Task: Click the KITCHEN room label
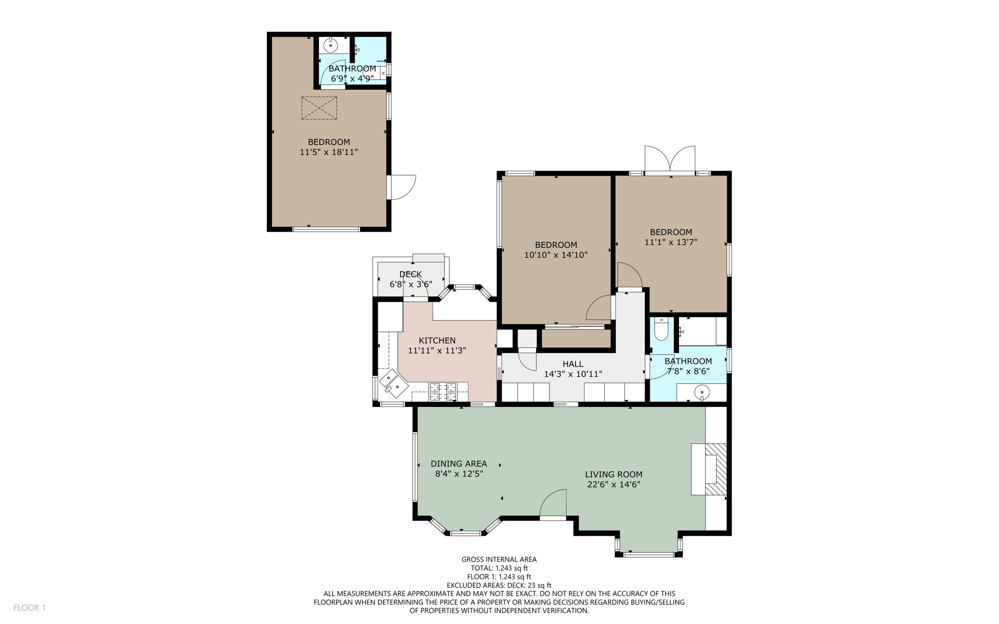click(x=437, y=341)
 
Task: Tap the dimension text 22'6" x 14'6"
click(x=613, y=484)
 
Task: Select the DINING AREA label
click(x=459, y=463)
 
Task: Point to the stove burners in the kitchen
click(x=442, y=391)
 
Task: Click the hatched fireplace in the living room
click(x=715, y=469)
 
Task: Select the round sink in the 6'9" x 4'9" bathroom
click(x=331, y=46)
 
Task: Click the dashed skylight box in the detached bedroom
click(x=319, y=108)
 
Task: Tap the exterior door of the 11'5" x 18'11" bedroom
click(x=402, y=187)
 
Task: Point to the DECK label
click(x=410, y=274)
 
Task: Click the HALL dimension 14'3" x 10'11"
click(x=573, y=374)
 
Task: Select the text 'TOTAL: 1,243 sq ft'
click(x=499, y=568)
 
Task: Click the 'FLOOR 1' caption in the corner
click(x=29, y=607)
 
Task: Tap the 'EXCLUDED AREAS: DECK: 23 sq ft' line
click(x=499, y=585)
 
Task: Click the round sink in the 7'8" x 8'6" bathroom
click(x=701, y=392)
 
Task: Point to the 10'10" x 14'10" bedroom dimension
click(x=556, y=255)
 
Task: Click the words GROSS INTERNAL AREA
click(x=499, y=560)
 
